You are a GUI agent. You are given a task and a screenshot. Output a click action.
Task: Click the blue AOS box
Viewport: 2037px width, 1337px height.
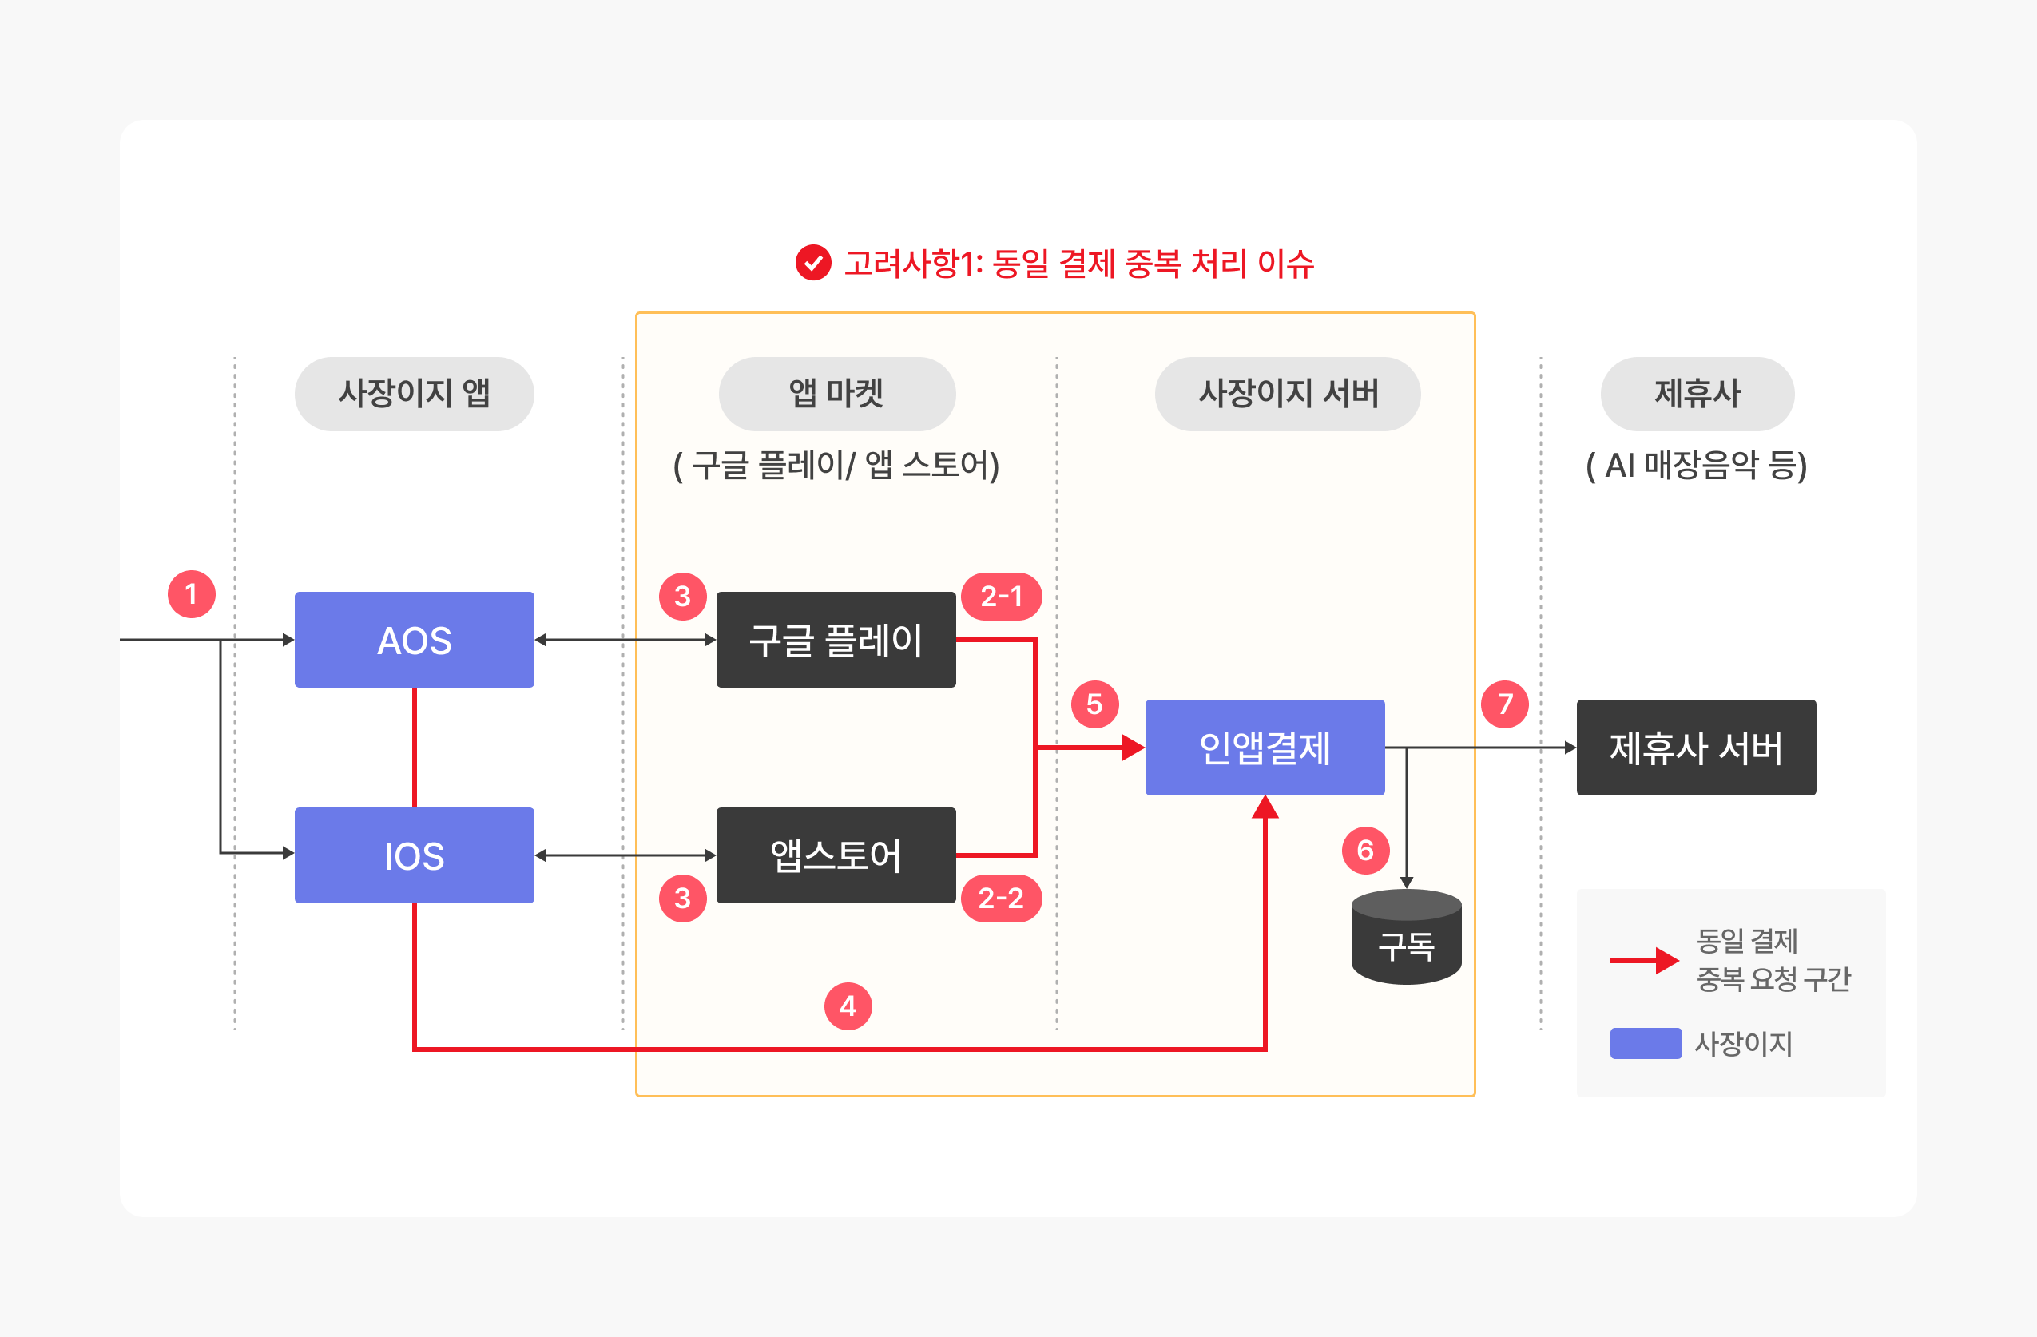click(415, 640)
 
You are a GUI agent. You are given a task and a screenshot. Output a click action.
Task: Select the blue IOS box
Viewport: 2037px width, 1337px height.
click(415, 855)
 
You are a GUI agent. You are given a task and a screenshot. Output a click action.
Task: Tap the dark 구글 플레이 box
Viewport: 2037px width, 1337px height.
click(836, 640)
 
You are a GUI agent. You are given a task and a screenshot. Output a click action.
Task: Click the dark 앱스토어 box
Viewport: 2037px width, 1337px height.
click(836, 855)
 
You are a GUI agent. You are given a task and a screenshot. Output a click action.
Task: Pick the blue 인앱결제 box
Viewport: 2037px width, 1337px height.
click(1265, 748)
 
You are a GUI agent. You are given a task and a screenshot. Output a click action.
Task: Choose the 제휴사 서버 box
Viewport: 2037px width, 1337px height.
click(1697, 748)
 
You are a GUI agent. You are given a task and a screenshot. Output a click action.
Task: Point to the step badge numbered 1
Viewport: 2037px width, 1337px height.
click(192, 594)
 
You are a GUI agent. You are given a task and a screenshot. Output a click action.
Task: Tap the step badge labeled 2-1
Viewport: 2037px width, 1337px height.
click(1002, 597)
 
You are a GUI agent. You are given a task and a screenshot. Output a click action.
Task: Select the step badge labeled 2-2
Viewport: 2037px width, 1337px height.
click(1002, 898)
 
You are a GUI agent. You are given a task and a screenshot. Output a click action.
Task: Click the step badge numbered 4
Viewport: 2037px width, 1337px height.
click(848, 1006)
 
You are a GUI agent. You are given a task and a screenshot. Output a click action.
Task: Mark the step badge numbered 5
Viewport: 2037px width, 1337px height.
click(1094, 704)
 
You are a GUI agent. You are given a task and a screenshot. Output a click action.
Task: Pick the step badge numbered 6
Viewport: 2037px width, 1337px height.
click(1366, 850)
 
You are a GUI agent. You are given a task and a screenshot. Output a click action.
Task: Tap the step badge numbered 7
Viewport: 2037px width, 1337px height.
click(1505, 704)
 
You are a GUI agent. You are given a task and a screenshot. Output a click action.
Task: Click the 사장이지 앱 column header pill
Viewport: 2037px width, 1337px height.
click(415, 394)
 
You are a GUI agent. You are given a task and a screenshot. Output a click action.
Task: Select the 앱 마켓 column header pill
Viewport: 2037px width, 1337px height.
click(837, 394)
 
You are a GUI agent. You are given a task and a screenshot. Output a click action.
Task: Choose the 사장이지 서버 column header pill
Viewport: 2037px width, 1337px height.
click(1288, 394)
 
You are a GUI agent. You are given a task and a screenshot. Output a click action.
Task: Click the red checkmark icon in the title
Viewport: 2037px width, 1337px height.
click(813, 263)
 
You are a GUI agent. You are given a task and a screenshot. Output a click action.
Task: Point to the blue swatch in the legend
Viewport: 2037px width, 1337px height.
click(1646, 1043)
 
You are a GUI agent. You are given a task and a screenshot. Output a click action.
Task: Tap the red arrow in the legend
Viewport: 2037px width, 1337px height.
click(1645, 960)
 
